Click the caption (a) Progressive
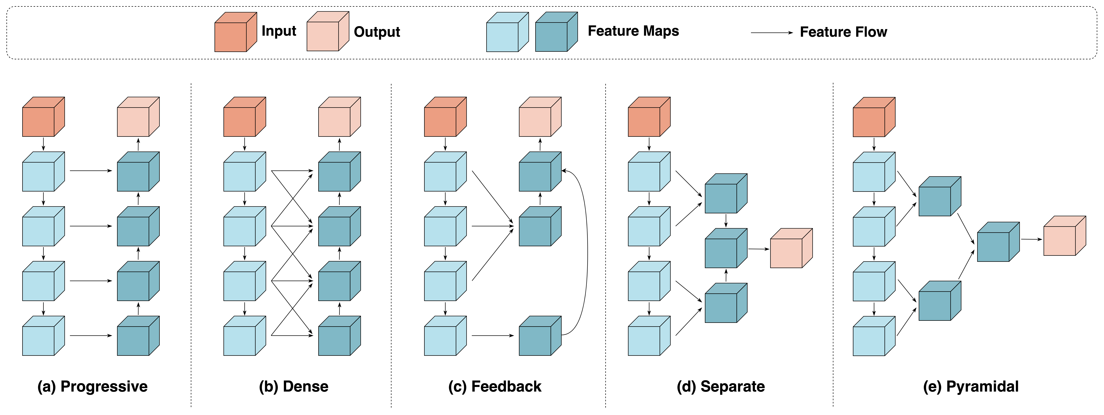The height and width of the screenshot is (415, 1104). coord(93,386)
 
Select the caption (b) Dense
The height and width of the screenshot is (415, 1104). coord(294,386)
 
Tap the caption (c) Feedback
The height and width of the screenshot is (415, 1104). coord(495,386)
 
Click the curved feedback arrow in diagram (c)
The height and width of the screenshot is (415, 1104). coord(587,253)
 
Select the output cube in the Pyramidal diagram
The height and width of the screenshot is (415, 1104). coord(1065,236)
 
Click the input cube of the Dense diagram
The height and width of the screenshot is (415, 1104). coord(245,116)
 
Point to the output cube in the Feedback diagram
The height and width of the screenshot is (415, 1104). coord(540,116)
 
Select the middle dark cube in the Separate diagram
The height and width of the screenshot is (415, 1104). coord(726,248)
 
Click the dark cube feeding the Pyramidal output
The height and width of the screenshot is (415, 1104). coord(998,242)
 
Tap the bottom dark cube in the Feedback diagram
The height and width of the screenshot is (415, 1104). coord(540,336)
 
